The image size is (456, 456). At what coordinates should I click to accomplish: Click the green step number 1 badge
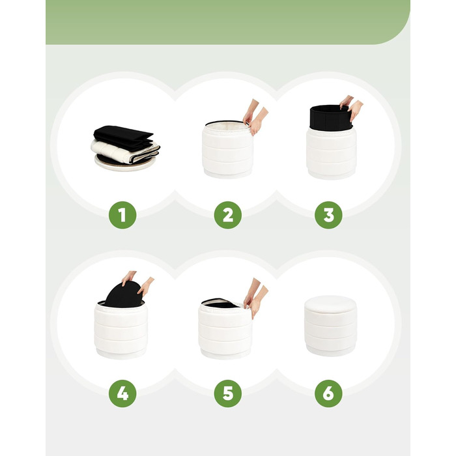point(122,215)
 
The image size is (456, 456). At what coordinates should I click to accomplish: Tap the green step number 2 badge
point(228,215)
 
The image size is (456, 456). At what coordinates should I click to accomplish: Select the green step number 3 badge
point(328,215)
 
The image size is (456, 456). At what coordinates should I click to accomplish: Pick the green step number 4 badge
point(122,393)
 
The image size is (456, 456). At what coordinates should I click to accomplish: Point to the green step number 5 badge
point(228,393)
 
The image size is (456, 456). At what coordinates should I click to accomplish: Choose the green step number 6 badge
point(328,393)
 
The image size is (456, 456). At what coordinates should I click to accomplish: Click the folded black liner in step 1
point(123,137)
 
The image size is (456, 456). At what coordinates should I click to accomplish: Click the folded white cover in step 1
point(117,150)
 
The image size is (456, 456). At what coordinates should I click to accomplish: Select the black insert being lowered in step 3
point(331,118)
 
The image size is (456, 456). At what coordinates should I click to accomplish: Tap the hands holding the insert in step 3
point(352,107)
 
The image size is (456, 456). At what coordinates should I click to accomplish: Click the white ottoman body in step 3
point(331,154)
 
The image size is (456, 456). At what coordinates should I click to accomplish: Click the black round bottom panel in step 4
point(124,294)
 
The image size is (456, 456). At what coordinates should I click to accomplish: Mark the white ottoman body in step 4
point(121,331)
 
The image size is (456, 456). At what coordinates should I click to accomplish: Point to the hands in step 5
point(255,297)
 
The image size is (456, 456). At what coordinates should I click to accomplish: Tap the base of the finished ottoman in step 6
point(330,350)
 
